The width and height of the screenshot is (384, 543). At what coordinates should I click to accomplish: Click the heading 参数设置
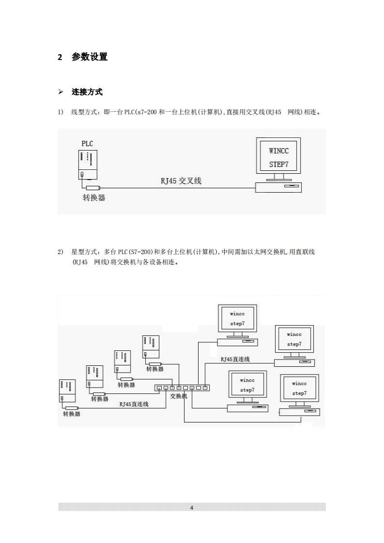point(90,57)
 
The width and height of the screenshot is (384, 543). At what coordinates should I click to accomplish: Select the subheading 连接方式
point(87,92)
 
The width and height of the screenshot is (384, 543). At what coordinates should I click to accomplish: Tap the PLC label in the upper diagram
point(87,144)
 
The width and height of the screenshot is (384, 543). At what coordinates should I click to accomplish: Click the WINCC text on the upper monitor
point(278,151)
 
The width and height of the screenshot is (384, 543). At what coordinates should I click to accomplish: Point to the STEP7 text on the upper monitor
point(278,165)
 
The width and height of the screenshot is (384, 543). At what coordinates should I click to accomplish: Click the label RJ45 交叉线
point(181,181)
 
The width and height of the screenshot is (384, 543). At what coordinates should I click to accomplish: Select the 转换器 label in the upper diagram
point(94,197)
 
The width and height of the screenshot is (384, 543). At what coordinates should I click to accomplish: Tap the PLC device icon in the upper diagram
point(88,165)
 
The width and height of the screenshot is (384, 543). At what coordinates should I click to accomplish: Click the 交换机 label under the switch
point(179,395)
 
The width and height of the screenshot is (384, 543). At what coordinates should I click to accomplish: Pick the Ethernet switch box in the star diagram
point(182,388)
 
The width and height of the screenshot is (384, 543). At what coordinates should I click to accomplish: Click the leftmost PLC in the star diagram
point(67,391)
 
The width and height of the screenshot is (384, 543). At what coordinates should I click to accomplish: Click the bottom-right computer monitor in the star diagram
point(299,389)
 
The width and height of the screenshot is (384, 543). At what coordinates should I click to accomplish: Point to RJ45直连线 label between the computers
point(235,359)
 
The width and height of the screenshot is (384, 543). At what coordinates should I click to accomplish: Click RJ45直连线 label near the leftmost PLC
point(134,404)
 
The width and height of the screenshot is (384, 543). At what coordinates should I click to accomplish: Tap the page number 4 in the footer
point(192,508)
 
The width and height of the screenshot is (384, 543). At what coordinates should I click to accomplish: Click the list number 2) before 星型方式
point(61,252)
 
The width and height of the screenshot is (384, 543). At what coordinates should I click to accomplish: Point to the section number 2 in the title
point(60,57)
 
